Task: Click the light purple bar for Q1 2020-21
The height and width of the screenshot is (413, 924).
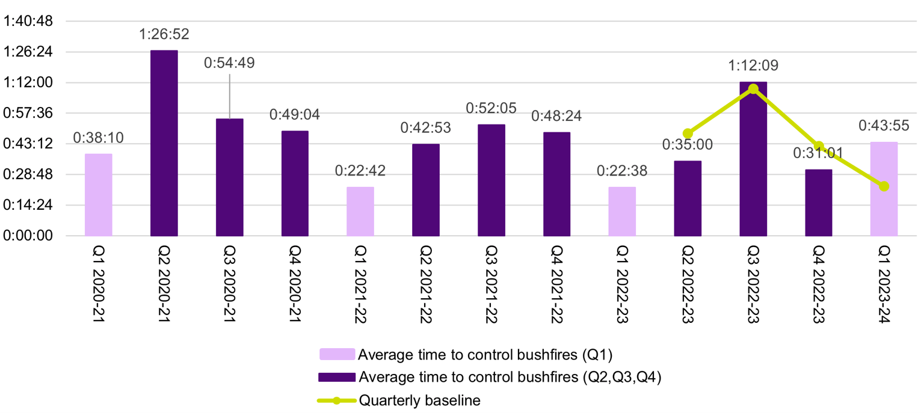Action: point(98,195)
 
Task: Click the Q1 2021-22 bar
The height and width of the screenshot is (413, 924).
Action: point(360,212)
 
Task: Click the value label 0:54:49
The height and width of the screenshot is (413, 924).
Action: point(229,63)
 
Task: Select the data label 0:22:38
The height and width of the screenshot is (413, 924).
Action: point(622,171)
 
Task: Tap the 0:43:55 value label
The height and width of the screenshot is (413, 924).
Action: point(884,126)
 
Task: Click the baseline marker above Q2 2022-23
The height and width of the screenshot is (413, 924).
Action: point(688,133)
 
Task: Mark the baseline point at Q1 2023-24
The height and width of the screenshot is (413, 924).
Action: point(884,186)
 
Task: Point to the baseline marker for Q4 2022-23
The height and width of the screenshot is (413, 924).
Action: point(819,146)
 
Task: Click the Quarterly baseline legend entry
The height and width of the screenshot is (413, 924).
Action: point(419,401)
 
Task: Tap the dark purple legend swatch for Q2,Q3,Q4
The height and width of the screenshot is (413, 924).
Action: point(337,378)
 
